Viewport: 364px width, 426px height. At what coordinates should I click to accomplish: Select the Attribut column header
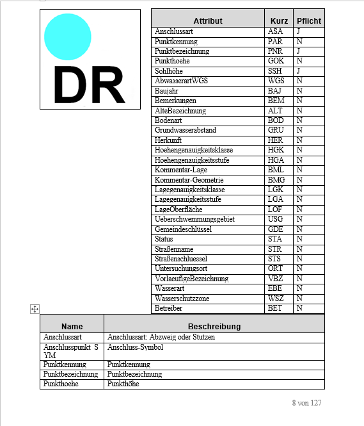click(x=207, y=20)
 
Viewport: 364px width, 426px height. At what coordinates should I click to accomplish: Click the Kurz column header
click(x=279, y=20)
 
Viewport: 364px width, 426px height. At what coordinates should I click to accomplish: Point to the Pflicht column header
click(x=309, y=20)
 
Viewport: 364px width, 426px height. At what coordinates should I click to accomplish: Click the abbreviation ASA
click(x=275, y=31)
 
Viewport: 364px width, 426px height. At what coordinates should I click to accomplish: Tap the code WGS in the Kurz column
click(x=276, y=81)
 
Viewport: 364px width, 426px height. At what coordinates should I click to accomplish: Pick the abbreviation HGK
click(x=276, y=150)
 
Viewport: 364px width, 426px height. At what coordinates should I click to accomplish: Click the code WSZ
click(x=276, y=299)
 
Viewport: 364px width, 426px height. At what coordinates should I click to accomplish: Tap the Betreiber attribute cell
click(x=169, y=308)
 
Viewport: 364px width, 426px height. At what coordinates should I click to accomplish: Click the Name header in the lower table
click(x=72, y=326)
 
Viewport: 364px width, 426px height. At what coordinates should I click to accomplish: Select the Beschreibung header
click(x=214, y=326)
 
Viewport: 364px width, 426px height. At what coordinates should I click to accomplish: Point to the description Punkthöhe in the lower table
click(x=123, y=384)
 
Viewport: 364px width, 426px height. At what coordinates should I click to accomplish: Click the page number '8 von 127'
click(x=306, y=403)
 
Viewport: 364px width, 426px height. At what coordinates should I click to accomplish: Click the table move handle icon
click(x=35, y=309)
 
